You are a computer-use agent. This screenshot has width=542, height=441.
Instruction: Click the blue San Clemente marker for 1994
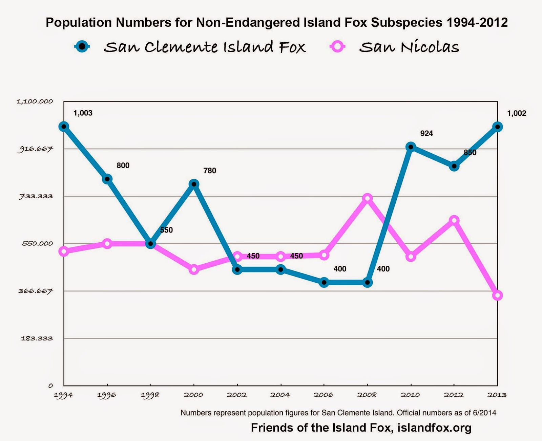64,127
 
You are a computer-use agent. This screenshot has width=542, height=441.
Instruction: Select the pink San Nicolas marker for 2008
367,198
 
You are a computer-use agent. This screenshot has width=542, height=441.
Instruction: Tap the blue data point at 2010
411,147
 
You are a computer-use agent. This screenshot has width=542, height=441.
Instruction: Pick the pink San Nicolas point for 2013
497,295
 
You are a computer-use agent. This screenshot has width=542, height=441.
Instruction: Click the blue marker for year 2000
194,184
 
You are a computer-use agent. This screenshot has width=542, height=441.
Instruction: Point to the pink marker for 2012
454,220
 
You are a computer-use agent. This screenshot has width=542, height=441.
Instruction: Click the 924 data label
426,133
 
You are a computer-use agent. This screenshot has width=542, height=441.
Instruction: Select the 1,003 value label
83,113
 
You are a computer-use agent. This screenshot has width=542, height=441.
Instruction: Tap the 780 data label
210,171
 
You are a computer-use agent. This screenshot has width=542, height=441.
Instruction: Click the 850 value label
470,153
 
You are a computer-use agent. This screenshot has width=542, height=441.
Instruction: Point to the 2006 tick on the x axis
324,395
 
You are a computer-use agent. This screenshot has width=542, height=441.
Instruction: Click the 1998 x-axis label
150,395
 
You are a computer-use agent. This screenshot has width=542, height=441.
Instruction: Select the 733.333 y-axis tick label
36,196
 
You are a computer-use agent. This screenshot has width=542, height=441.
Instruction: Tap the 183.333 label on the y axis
37,338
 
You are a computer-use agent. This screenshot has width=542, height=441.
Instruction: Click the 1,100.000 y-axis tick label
35,101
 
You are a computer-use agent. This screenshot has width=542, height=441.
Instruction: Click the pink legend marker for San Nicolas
337,46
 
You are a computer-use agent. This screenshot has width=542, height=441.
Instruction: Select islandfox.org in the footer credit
434,427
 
